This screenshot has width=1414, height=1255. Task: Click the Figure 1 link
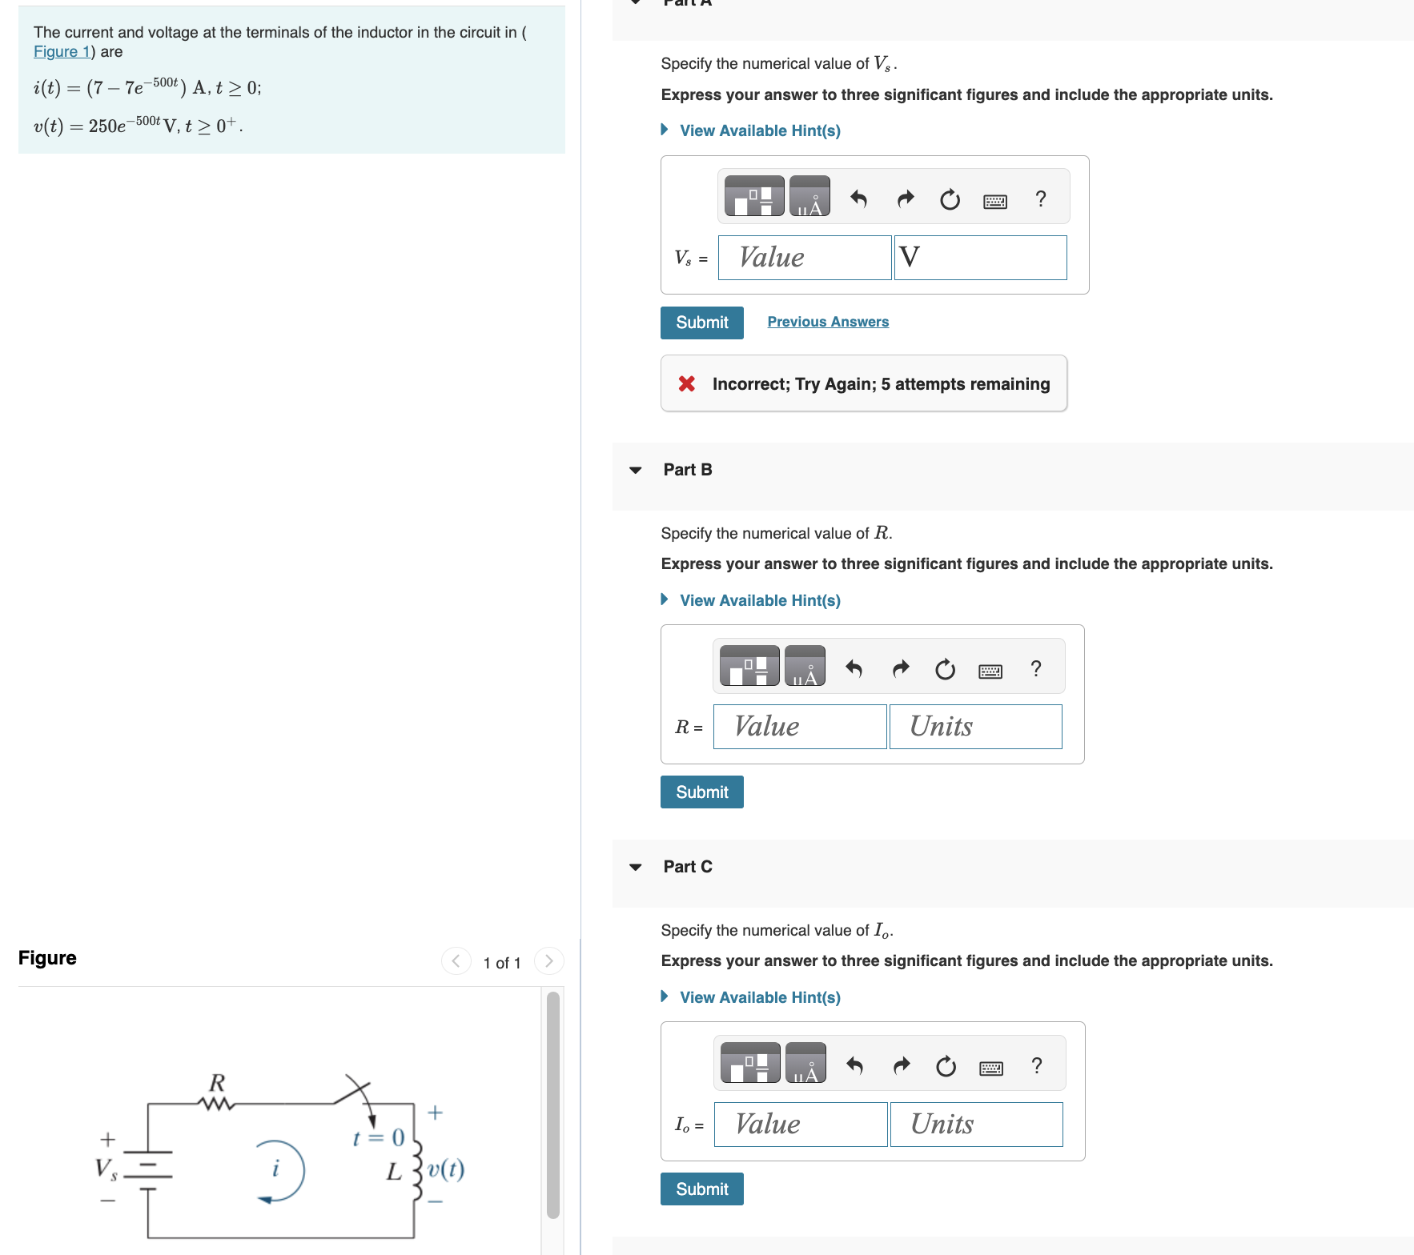click(x=61, y=52)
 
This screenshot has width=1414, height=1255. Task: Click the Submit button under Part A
click(x=701, y=323)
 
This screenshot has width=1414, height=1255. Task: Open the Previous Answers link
click(x=827, y=322)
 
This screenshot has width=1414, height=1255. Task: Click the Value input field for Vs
click(x=804, y=258)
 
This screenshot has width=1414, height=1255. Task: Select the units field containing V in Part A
click(x=980, y=258)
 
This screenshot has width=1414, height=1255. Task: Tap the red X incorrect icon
click(x=686, y=384)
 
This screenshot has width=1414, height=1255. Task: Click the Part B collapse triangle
click(x=636, y=470)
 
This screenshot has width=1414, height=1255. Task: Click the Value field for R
click(x=799, y=727)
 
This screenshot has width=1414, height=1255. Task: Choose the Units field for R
click(x=975, y=727)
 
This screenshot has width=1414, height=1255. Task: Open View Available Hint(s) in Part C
click(x=759, y=997)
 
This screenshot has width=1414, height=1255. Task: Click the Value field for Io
click(x=800, y=1125)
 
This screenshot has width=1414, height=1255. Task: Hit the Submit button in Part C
click(x=701, y=1189)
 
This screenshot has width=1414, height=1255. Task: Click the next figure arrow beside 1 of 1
click(x=548, y=961)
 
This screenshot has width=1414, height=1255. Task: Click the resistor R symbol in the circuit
click(x=216, y=1104)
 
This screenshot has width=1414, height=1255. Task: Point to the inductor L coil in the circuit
click(x=416, y=1170)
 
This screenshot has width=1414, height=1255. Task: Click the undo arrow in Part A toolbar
click(x=858, y=198)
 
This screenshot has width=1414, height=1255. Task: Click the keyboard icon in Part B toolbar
click(x=990, y=671)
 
